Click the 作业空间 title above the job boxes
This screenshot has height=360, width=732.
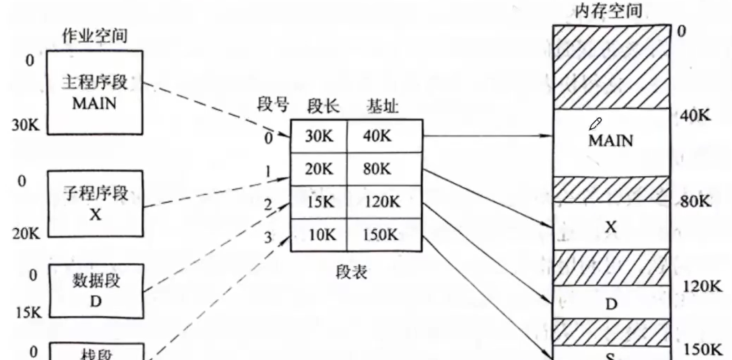(94, 36)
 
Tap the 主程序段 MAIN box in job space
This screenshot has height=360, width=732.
(95, 93)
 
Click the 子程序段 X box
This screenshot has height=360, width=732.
(95, 203)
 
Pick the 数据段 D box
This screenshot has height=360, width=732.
(96, 291)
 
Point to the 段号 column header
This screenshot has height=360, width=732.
(272, 104)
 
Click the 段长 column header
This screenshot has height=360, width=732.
(323, 106)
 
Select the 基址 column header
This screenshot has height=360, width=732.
(382, 106)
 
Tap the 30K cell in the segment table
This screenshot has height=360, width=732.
(319, 136)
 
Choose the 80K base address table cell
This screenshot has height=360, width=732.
(377, 169)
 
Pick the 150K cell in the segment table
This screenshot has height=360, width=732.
(380, 235)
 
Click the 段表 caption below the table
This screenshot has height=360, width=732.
(351, 272)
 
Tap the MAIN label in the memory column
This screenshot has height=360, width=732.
(610, 141)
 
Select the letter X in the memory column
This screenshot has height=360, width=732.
(610, 226)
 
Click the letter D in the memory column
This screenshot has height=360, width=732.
(611, 304)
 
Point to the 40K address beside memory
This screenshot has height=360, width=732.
(695, 115)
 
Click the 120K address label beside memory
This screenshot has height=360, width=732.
(702, 286)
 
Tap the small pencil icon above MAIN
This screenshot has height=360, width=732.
(595, 123)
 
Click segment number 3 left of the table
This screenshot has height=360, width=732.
(268, 237)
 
